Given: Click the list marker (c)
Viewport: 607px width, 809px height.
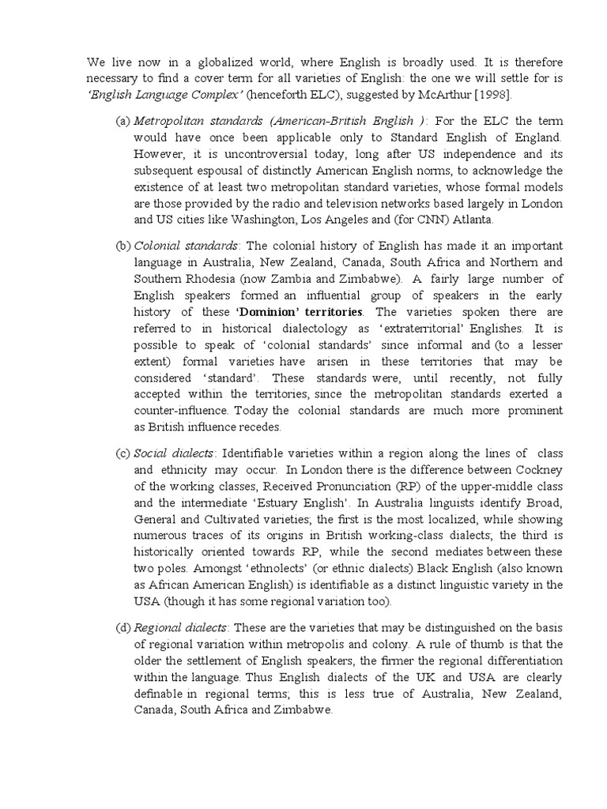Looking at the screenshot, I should tap(123, 453).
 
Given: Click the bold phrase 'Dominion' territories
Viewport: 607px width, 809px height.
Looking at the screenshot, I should tap(292, 311).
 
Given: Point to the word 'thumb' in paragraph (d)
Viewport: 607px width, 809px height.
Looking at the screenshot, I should tap(473, 645).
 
